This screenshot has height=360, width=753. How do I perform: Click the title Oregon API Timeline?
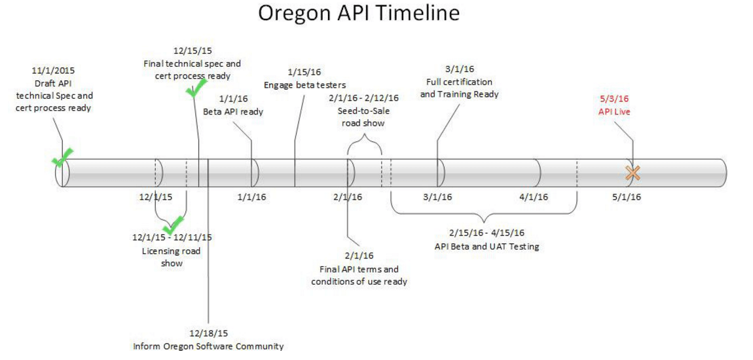click(359, 14)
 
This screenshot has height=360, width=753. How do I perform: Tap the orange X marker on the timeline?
click(632, 173)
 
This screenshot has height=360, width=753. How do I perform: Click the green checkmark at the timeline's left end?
click(63, 158)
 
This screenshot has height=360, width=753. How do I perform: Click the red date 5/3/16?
click(614, 99)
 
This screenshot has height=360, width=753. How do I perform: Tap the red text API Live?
click(614, 112)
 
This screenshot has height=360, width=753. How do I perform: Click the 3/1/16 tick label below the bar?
click(437, 196)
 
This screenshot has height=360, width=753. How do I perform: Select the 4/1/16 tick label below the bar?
click(534, 196)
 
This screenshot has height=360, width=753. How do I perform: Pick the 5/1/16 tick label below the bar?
click(627, 196)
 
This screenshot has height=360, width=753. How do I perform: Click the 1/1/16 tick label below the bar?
click(251, 196)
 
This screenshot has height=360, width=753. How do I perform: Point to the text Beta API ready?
click(233, 111)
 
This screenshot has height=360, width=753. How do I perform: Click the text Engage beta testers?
click(304, 85)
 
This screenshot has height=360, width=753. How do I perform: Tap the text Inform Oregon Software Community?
click(208, 346)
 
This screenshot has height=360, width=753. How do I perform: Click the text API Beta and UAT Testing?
click(487, 247)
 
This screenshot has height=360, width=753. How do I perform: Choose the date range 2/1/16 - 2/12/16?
click(363, 98)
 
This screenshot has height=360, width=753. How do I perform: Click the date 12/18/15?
click(208, 333)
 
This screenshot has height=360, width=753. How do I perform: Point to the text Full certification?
click(459, 82)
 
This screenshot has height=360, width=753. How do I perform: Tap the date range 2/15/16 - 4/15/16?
click(487, 233)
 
